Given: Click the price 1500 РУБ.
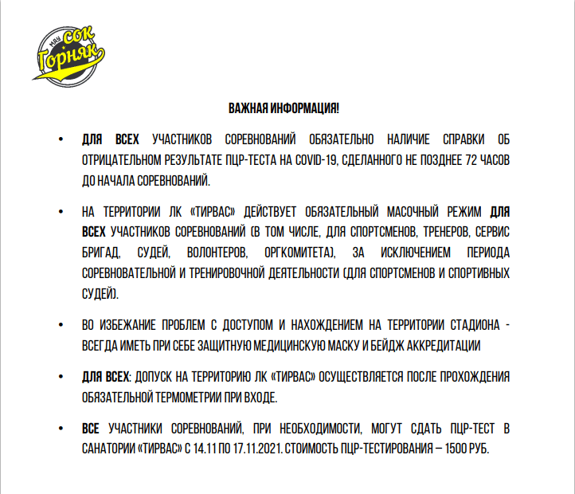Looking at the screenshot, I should [x=466, y=449].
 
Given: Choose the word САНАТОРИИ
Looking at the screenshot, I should [x=108, y=449].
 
